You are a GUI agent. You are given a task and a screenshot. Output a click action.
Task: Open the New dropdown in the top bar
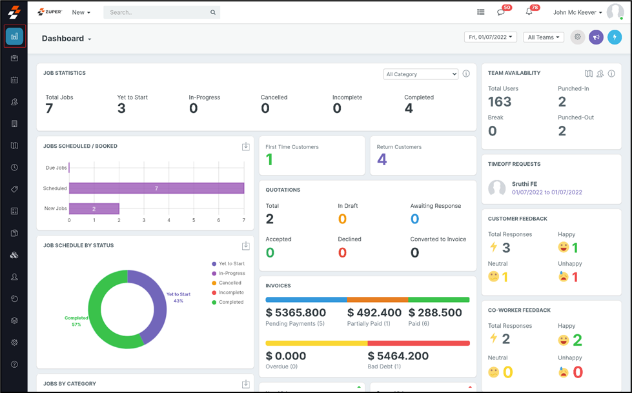tap(81, 12)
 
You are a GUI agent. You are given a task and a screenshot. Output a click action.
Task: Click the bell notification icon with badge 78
tap(529, 12)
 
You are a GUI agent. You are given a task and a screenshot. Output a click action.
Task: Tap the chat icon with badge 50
tap(501, 12)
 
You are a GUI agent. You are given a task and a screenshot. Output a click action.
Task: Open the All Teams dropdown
tap(544, 37)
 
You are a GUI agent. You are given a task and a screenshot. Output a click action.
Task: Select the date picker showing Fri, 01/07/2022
tap(491, 37)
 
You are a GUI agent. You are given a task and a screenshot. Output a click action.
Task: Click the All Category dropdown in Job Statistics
tap(420, 74)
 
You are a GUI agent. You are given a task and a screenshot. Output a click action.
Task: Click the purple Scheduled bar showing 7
tap(156, 188)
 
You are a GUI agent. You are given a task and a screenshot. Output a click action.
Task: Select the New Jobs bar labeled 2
tap(94, 209)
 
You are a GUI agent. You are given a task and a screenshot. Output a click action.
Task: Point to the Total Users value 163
tap(500, 102)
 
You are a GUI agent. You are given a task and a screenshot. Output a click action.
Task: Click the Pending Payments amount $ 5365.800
tap(296, 313)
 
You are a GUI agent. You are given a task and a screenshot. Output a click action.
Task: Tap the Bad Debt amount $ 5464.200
tap(398, 356)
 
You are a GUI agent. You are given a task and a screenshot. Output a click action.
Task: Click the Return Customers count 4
tap(382, 159)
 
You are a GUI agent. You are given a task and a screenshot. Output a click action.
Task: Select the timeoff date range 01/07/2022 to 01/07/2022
tap(547, 192)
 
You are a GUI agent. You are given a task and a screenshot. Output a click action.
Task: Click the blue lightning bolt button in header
tap(614, 37)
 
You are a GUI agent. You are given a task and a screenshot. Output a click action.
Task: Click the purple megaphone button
tap(596, 37)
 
